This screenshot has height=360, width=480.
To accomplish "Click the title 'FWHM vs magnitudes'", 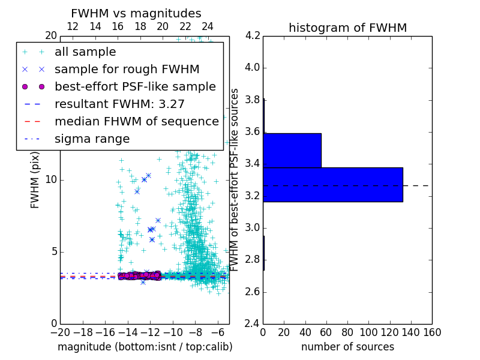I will [x=136, y=13].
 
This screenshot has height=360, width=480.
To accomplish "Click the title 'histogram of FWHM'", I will [x=347, y=28].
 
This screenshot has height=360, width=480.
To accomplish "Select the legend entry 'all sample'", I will [x=85, y=52].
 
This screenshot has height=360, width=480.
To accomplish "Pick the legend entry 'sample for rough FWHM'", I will [x=127, y=70].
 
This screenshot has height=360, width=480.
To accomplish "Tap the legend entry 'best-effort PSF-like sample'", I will [x=135, y=87].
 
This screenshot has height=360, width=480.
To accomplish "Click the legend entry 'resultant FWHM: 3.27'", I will [x=119, y=104].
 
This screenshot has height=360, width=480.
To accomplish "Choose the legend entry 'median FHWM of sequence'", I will [x=136, y=122].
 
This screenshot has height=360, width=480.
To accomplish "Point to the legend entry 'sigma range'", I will [x=92, y=139].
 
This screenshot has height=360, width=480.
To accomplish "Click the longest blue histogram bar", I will [x=332, y=185].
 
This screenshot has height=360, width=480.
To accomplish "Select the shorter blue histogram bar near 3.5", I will [x=292, y=150].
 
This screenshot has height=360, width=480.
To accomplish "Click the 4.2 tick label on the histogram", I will [x=252, y=35].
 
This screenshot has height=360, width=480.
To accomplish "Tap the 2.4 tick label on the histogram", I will [x=252, y=324].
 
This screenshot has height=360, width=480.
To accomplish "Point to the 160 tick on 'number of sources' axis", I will [x=432, y=332].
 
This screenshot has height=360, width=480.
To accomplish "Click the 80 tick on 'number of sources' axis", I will [x=347, y=332].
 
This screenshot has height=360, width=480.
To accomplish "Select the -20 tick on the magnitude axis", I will [x=60, y=332].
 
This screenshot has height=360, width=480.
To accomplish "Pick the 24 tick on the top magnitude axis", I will [x=208, y=27].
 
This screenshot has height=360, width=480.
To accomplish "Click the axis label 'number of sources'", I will [x=347, y=347].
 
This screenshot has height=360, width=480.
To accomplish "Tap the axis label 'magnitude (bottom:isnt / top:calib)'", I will [x=145, y=347].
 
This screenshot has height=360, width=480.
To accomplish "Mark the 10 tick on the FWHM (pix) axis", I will [x=52, y=180].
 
